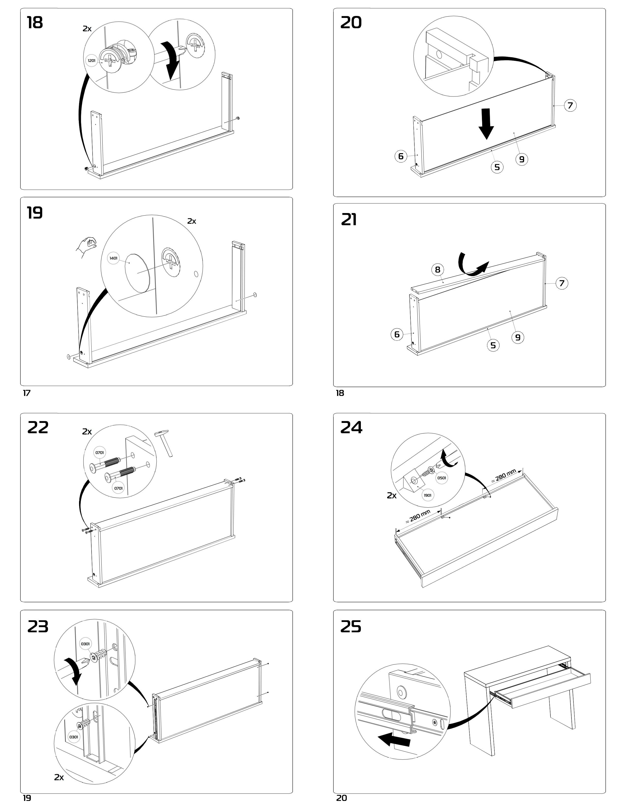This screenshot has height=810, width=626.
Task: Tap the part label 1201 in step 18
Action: (x=92, y=60)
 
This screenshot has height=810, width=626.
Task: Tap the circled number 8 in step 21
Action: (x=438, y=270)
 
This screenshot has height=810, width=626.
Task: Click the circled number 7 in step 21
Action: (x=562, y=283)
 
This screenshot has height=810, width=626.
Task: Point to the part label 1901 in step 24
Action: (x=427, y=495)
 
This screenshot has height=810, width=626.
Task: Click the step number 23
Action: (x=38, y=627)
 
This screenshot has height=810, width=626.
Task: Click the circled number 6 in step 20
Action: (x=401, y=156)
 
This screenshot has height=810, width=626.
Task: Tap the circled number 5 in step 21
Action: (x=493, y=345)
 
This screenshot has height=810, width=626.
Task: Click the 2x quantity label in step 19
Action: (x=192, y=221)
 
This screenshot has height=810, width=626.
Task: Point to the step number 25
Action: (x=351, y=627)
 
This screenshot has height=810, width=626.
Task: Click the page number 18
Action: (x=340, y=393)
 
